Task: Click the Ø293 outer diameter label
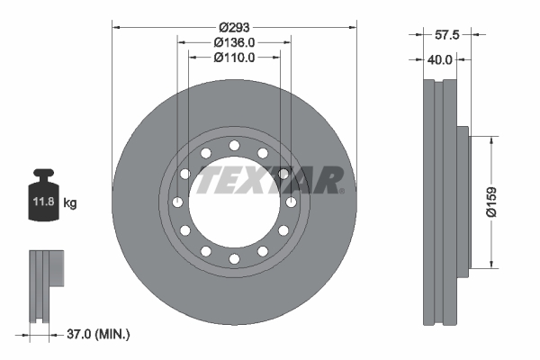(x=234, y=26)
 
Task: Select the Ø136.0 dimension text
(x=234, y=41)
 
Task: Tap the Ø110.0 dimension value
(x=234, y=57)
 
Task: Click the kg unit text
(x=70, y=203)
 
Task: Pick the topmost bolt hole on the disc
(x=234, y=145)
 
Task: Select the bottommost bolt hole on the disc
(x=234, y=259)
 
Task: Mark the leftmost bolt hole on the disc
(x=177, y=202)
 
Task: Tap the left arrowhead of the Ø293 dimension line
(x=116, y=26)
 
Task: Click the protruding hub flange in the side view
(x=463, y=202)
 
